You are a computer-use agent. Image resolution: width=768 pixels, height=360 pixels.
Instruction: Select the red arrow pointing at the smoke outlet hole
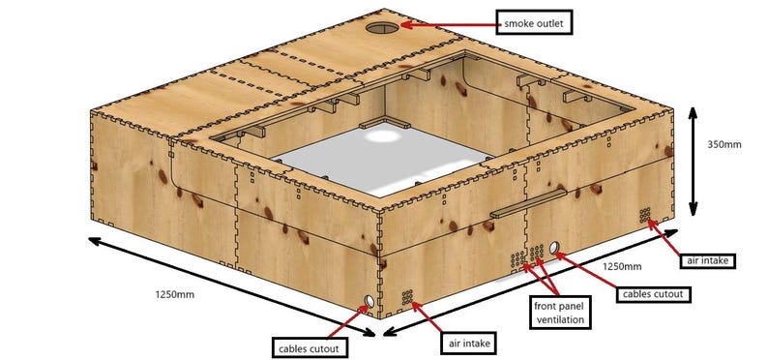coord(446,23)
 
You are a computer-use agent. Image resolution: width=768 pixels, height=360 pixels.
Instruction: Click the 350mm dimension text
coord(723,145)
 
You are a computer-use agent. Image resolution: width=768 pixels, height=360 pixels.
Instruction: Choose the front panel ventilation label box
coord(562,310)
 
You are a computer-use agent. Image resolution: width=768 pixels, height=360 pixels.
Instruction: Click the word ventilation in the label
coord(562,316)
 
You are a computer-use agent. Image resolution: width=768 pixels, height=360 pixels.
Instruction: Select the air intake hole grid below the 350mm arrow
coord(644,212)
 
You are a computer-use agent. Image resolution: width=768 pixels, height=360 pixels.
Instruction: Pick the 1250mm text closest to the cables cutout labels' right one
coord(623,265)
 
